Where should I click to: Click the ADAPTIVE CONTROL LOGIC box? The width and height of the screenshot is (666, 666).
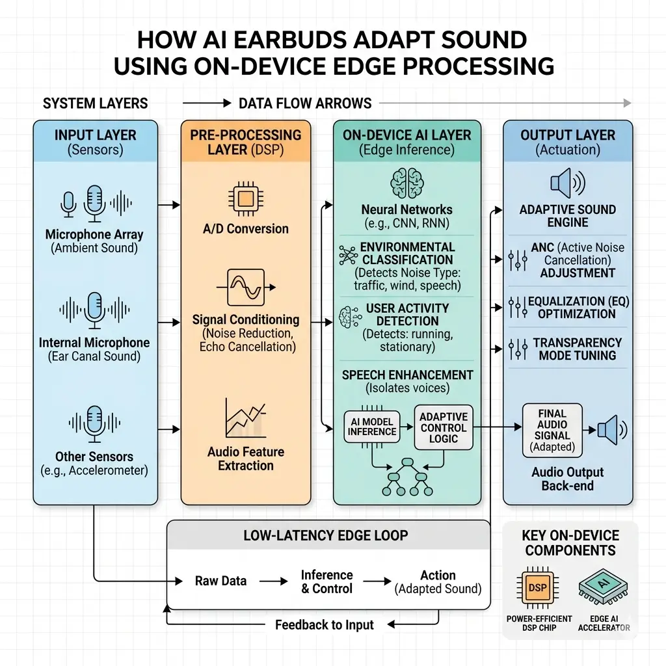click(x=443, y=427)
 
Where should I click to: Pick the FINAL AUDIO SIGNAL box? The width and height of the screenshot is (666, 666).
click(x=552, y=430)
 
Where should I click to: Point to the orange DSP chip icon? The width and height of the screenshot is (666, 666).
click(x=537, y=587)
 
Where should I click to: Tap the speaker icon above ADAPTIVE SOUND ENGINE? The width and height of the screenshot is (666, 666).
click(x=567, y=183)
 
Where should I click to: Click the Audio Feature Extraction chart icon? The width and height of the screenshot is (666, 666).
click(x=245, y=418)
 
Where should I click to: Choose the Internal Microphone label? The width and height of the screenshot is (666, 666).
click(x=94, y=343)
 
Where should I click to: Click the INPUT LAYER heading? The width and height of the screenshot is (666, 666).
click(x=95, y=135)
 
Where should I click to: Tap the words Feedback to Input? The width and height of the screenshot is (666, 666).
click(x=324, y=625)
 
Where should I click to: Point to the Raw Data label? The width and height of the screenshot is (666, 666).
click(x=220, y=581)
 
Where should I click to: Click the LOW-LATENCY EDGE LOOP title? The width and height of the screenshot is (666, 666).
click(x=325, y=536)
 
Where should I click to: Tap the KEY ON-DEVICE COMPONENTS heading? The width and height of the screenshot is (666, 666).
click(x=570, y=543)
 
